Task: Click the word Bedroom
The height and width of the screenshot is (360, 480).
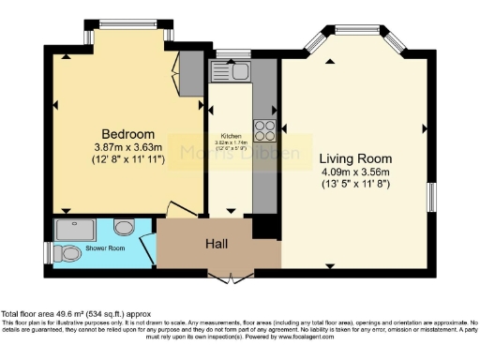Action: pos(128,134)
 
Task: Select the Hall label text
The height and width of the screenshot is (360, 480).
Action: pos(217,244)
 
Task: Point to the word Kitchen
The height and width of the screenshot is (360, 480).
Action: pos(232,135)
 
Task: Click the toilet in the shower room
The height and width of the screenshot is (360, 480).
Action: pos(68,252)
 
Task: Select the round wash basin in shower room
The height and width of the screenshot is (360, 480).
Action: pos(124,227)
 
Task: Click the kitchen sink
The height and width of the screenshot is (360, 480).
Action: pos(227,71)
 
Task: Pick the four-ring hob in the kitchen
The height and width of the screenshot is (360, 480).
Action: pos(265,130)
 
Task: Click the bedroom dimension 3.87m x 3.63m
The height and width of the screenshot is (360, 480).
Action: pos(128,147)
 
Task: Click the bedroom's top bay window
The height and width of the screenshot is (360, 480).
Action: pos(128,24)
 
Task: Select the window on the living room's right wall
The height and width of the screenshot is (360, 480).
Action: pos(432,198)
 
